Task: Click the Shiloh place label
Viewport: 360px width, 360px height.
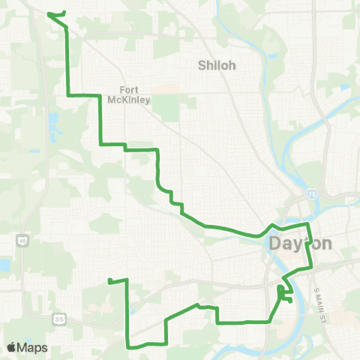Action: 217,65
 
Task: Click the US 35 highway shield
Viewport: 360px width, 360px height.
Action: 58,319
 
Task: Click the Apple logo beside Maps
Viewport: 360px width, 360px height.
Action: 12,347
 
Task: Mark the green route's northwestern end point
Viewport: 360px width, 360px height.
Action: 49,13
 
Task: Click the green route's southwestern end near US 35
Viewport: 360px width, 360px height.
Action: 109,281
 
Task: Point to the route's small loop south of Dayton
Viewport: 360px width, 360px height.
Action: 283,294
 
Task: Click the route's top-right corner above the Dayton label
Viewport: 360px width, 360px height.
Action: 307,224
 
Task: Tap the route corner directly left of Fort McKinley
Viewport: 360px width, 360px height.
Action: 69,95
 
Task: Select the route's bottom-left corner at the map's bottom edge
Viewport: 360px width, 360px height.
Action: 128,346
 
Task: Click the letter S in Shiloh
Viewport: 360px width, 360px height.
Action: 202,65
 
